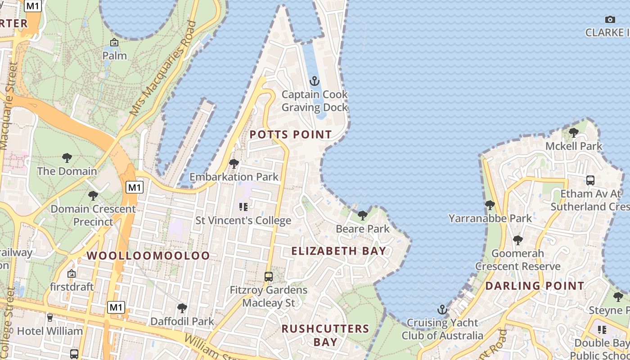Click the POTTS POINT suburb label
[x=291, y=135]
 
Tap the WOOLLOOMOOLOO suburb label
[x=148, y=256]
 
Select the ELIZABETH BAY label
[x=339, y=251]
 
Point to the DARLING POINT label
[x=535, y=286]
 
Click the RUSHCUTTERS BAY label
[x=325, y=335]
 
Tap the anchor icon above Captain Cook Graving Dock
[x=315, y=81]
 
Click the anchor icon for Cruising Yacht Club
[x=442, y=310]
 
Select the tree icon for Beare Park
[x=362, y=216]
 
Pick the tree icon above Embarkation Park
[x=234, y=164]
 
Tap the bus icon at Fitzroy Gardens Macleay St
[x=269, y=277]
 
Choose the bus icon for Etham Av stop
[x=590, y=180]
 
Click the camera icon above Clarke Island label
[x=610, y=19]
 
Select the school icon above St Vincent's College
[x=243, y=207]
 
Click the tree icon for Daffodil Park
[x=182, y=308]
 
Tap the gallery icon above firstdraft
[x=72, y=274]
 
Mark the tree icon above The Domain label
[x=67, y=158]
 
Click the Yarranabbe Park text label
[x=490, y=219]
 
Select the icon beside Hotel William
[x=49, y=318]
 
